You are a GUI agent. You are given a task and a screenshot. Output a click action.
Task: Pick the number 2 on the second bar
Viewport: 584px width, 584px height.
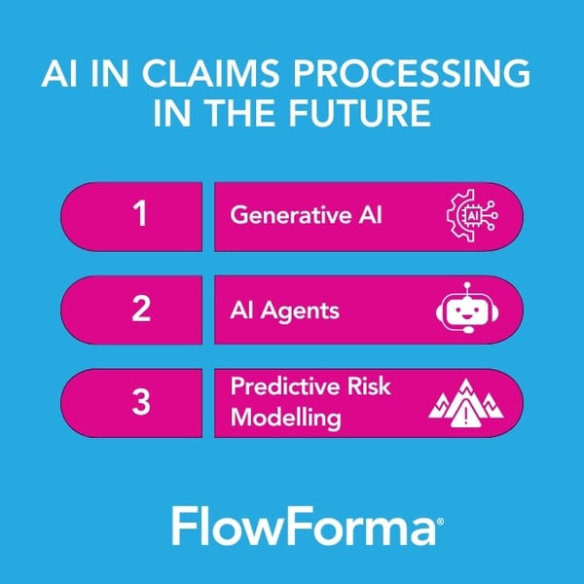(x=141, y=309)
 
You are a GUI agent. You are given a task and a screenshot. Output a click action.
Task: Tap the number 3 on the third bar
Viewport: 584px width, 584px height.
(x=141, y=401)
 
